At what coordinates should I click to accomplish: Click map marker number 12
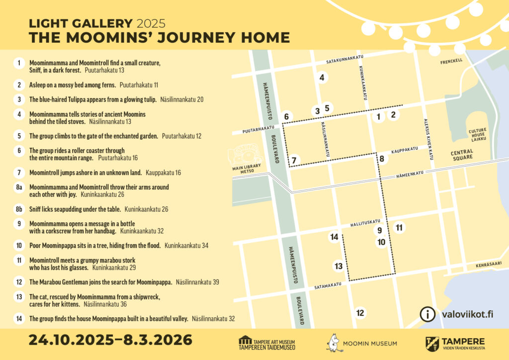[x=360, y=313]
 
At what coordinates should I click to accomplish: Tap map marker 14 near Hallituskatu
[x=334, y=237]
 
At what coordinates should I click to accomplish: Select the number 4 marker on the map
[x=322, y=77]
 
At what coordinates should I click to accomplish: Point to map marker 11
[x=399, y=228]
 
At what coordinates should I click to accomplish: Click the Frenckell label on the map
[x=451, y=62]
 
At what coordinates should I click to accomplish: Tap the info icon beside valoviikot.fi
[x=426, y=314]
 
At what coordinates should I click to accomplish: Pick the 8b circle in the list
[x=19, y=209]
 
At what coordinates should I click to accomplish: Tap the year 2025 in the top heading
[x=151, y=23]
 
